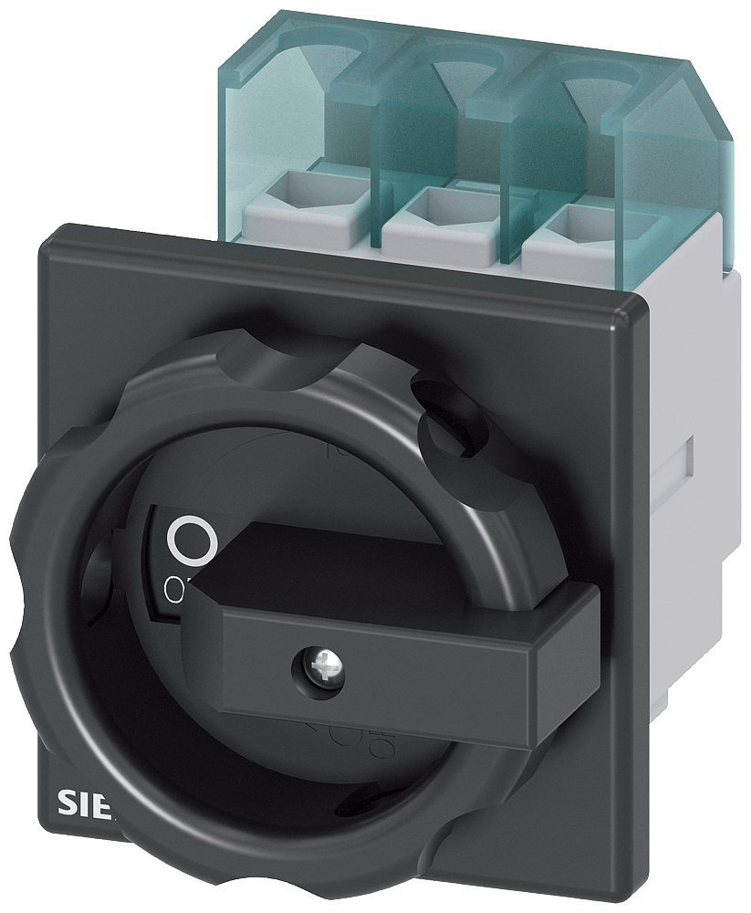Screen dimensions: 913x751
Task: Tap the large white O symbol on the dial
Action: click(193, 540)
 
